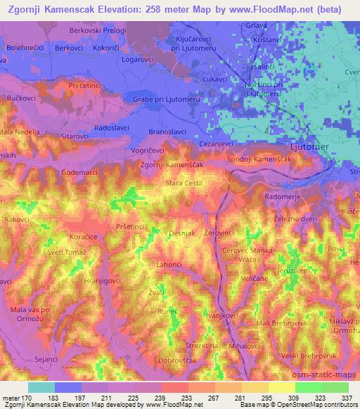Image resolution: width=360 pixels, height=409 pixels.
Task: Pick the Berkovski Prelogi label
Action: tap(97, 32)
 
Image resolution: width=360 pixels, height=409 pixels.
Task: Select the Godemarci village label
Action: tap(82, 171)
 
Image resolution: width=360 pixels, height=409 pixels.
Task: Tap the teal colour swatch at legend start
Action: tap(41, 387)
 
